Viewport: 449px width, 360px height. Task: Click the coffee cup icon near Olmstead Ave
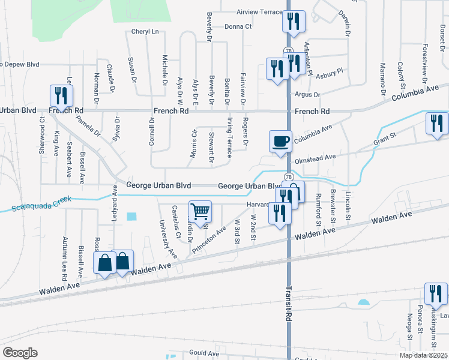(x=280, y=142)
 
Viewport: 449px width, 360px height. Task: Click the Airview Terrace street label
(x=259, y=12)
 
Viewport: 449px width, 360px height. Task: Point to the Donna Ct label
(x=238, y=26)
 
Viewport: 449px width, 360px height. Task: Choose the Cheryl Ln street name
(x=145, y=32)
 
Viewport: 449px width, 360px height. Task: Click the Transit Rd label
(x=289, y=304)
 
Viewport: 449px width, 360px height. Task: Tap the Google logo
(x=20, y=353)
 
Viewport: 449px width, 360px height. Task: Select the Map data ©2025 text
(x=423, y=355)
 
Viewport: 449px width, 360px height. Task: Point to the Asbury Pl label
(x=330, y=71)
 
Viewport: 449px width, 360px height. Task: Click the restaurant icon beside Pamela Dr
(x=61, y=95)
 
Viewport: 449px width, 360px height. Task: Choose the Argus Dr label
(x=308, y=95)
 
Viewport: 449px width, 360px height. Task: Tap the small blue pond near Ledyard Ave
(x=131, y=216)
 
